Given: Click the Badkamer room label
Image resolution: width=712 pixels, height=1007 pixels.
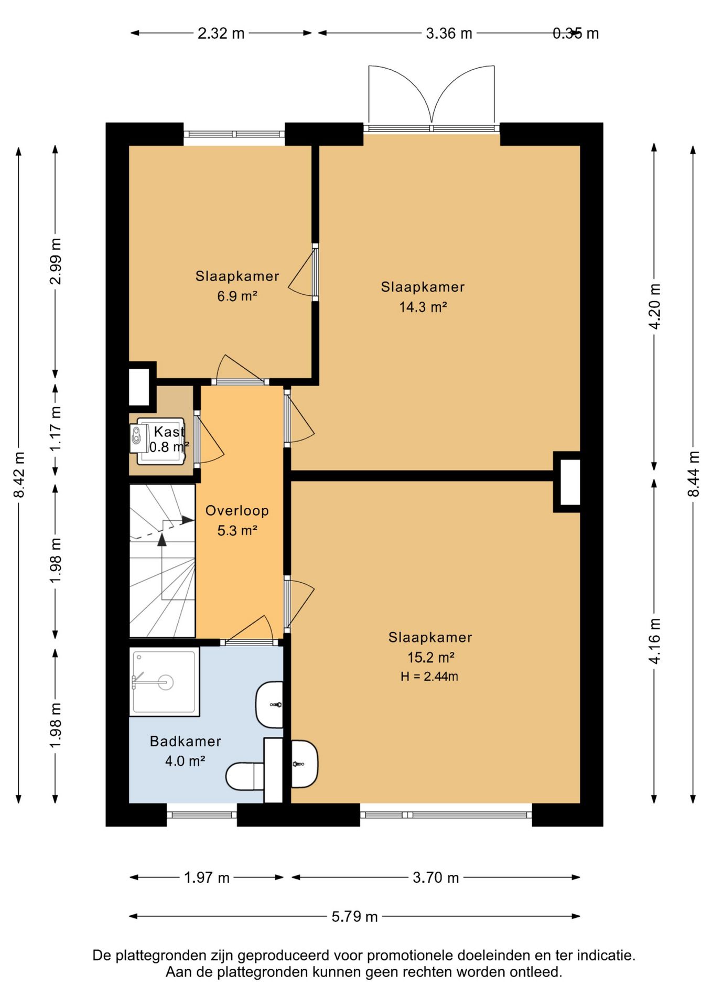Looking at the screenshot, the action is [185, 741].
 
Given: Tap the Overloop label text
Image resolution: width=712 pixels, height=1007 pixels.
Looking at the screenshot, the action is [237, 510].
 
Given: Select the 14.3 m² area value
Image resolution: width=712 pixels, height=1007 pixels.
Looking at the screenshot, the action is [423, 307].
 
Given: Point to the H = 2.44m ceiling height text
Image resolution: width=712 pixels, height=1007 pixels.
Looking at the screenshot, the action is [429, 677].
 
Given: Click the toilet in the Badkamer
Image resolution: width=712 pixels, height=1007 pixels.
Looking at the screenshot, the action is [245, 776].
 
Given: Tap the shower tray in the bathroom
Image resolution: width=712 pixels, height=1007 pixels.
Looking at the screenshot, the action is [165, 682].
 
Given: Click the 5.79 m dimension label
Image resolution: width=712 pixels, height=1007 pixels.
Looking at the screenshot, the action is [354, 916].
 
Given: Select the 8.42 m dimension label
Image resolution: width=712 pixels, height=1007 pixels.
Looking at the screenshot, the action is [19, 474].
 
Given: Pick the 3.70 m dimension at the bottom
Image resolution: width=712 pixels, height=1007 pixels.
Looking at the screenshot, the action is [436, 877].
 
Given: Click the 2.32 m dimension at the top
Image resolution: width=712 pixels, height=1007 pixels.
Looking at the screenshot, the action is [221, 34].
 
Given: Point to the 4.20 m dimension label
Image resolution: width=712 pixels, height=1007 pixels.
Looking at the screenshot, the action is [655, 306].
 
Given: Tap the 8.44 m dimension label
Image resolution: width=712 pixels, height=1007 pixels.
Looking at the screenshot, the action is [694, 474].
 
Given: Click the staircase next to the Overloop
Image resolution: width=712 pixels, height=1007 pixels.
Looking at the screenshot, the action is [163, 561].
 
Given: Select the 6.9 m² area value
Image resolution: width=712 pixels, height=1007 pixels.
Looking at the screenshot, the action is [237, 296].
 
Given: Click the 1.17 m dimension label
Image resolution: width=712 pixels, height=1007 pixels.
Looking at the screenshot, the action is [56, 428].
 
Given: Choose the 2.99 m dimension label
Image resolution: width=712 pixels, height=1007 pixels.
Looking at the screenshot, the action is [56, 261].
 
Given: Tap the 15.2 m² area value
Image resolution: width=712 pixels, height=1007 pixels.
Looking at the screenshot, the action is [430, 657].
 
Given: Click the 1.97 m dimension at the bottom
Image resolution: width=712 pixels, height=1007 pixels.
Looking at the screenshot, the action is [207, 877].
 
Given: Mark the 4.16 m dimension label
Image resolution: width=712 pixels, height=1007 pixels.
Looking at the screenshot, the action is [655, 641].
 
